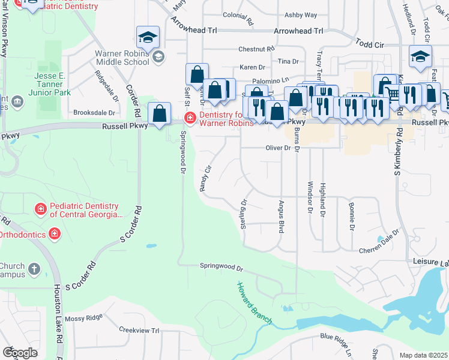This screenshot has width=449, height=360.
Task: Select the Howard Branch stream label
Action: click(254, 303)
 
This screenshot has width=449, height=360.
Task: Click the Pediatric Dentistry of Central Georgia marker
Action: click(41, 209)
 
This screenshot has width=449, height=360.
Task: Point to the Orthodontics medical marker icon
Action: click(55, 233)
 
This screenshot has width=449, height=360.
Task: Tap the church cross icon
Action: click(34, 269)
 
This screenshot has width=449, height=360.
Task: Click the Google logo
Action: click(19, 353)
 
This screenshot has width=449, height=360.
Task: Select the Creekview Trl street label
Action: click(139, 331)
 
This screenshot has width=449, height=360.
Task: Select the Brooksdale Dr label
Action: click(94, 112)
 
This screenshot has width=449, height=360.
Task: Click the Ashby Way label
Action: click(301, 15)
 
